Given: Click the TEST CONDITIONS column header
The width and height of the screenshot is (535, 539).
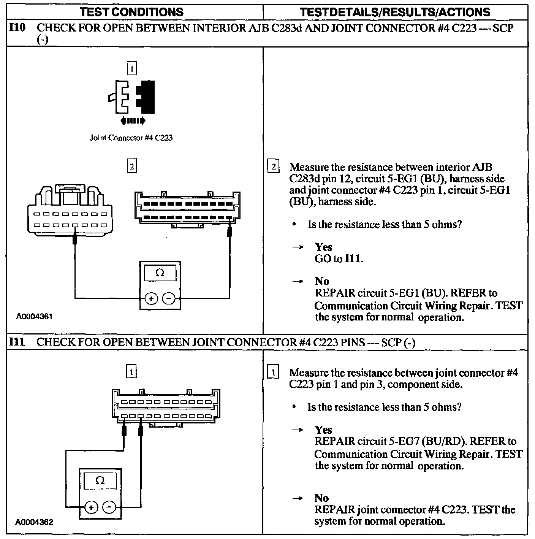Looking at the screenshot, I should [132, 12].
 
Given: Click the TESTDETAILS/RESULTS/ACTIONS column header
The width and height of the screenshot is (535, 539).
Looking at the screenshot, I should [395, 12].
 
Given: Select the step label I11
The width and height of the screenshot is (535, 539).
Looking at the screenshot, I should [17, 342].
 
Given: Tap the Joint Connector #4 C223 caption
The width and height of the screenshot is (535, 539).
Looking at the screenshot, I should [131, 138].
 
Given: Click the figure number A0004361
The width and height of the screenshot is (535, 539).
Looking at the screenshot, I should [34, 316].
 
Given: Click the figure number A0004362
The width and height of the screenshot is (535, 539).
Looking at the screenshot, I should [34, 522].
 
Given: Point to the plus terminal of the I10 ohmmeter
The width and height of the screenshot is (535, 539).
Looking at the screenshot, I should [151, 299].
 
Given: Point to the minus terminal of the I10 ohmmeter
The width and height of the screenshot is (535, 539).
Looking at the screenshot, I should [169, 299].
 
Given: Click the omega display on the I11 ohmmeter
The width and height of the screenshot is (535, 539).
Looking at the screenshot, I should [100, 481].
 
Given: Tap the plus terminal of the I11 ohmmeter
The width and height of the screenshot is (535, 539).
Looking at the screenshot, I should [91, 507].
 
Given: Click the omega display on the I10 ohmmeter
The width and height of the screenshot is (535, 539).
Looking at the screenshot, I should [160, 273].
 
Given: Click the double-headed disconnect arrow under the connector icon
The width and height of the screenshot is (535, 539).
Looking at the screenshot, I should [133, 121].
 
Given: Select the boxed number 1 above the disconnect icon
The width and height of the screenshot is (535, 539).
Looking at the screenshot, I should [131, 69].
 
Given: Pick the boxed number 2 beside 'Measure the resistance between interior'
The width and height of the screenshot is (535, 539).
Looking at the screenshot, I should [273, 167].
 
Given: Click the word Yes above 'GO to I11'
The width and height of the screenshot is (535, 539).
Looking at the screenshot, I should [323, 247].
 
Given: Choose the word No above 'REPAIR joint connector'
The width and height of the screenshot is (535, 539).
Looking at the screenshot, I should [321, 498].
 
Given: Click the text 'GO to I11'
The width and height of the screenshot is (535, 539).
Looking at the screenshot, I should [339, 259].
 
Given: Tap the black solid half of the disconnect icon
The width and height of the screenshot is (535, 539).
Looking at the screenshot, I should [147, 97].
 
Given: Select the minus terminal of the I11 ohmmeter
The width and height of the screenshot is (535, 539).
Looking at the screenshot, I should [109, 507].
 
